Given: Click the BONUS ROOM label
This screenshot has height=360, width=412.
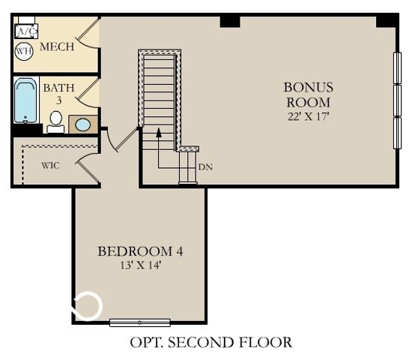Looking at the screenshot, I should coord(309,94).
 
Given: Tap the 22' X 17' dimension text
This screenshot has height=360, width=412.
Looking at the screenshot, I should coord(308,115).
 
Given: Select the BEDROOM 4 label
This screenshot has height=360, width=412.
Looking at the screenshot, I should coord(141,250).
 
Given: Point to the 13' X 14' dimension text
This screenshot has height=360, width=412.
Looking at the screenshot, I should coord(141,265).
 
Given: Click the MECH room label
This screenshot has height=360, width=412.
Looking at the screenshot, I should coord(57,47).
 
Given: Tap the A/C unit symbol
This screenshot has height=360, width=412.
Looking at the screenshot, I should coord(25,31).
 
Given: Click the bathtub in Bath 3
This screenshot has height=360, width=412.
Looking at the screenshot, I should coord(26,101).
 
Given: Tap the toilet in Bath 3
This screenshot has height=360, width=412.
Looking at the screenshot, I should coord(55,121).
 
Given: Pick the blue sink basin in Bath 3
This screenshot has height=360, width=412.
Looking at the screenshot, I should coord(83,124).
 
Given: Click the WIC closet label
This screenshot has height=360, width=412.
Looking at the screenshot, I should coord(50,165).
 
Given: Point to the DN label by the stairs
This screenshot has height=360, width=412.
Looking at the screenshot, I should coord(205,166).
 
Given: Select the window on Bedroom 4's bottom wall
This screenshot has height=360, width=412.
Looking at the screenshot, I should coord(139,322).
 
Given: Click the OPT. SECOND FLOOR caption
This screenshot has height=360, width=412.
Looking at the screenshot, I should coord(210,343).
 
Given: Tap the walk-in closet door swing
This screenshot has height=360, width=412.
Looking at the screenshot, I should coord(90,164).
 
